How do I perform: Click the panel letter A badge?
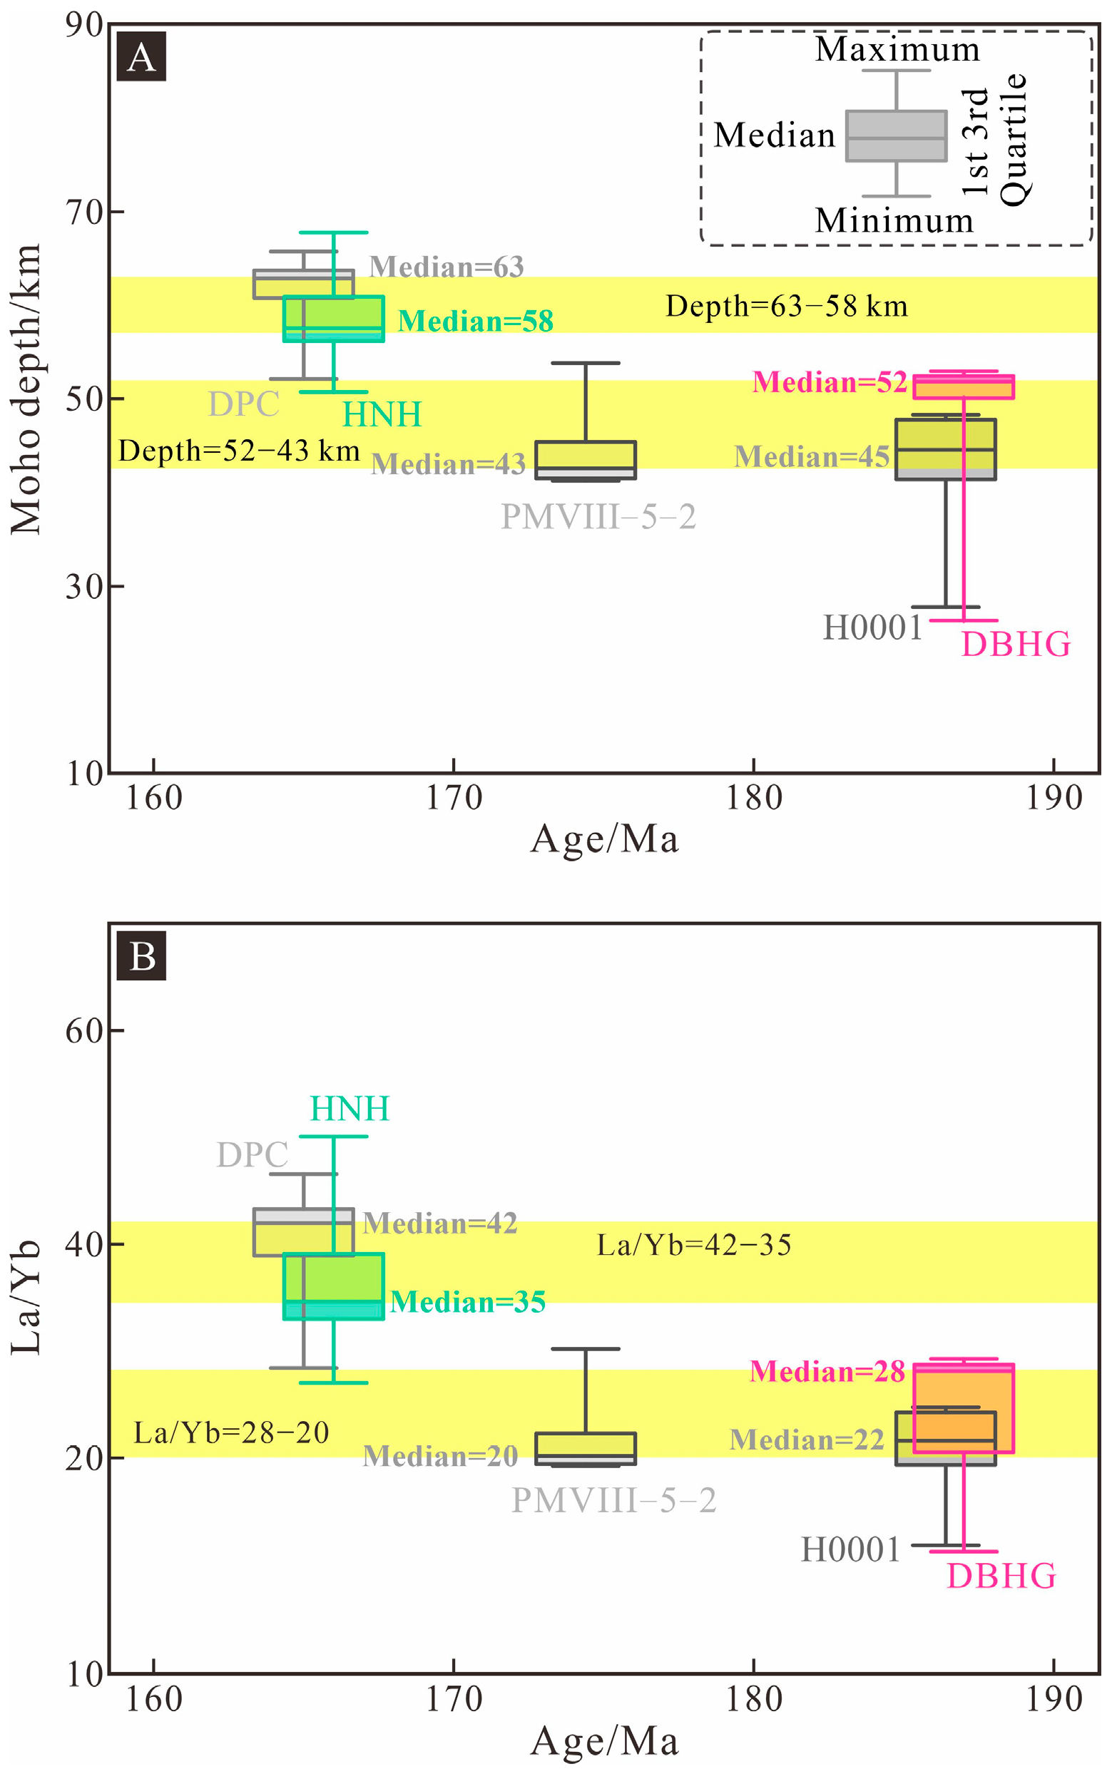pyautogui.click(x=141, y=57)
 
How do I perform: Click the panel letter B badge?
pyautogui.click(x=141, y=956)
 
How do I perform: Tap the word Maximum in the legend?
pyautogui.click(x=897, y=50)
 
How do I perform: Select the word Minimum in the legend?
pyautogui.click(x=894, y=220)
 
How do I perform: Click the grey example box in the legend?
pyautogui.click(x=896, y=135)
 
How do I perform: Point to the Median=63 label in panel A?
pyautogui.click(x=446, y=267)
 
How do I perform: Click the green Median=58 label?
pyautogui.click(x=475, y=321)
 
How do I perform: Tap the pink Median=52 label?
pyautogui.click(x=829, y=382)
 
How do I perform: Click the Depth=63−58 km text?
pyautogui.click(x=786, y=307)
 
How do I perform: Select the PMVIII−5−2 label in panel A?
pyautogui.click(x=598, y=516)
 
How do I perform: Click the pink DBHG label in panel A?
pyautogui.click(x=1015, y=645)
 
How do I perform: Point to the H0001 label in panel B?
pyautogui.click(x=850, y=1549)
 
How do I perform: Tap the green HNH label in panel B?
pyautogui.click(x=350, y=1109)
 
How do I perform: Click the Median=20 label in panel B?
pyautogui.click(x=440, y=1457)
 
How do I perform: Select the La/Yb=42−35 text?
pyautogui.click(x=693, y=1246)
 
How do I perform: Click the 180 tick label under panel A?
pyautogui.click(x=753, y=798)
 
